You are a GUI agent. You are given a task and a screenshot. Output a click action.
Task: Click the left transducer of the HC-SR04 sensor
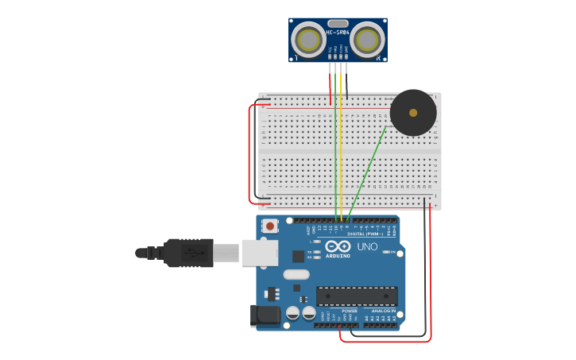(x=308, y=39)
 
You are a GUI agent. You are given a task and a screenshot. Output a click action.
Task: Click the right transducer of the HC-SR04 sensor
(x=367, y=39)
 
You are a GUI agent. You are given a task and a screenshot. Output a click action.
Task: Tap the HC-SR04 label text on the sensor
(x=338, y=33)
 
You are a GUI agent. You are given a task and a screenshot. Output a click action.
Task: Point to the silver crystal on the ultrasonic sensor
(x=338, y=24)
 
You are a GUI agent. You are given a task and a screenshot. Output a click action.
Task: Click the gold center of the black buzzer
(x=413, y=112)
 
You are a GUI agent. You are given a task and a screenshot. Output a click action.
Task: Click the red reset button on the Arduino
(x=271, y=226)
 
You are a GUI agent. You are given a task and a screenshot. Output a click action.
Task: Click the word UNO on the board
(x=367, y=247)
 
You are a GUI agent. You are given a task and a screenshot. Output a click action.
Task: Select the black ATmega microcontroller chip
(x=357, y=296)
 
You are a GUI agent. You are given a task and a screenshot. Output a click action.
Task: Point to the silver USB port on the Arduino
(x=259, y=253)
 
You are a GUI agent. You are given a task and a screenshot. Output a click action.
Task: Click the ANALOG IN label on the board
(x=385, y=311)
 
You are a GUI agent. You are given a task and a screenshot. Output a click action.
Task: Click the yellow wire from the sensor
(x=341, y=143)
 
